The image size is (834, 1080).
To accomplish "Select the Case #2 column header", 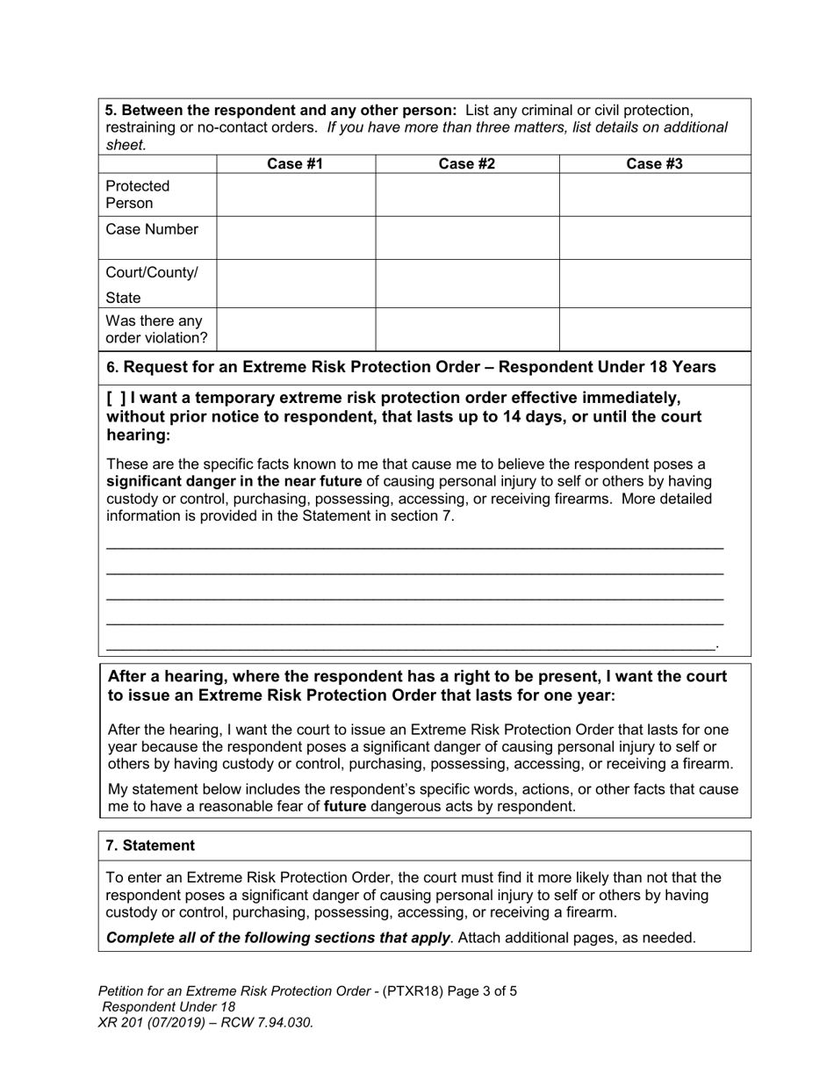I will click(x=466, y=163).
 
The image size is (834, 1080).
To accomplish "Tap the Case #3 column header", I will click(x=654, y=163).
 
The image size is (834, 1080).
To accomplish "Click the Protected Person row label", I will click(x=138, y=194).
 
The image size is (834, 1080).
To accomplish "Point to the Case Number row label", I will click(x=152, y=229).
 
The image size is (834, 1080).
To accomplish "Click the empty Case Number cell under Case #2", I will click(x=466, y=237).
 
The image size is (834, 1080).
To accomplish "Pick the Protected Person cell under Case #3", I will click(x=654, y=194).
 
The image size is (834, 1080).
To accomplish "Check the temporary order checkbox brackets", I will click(x=116, y=397).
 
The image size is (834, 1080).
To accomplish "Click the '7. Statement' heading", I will click(x=150, y=846).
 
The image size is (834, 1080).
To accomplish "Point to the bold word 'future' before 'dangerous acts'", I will click(x=344, y=806).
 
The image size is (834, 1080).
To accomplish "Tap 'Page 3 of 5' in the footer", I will click(x=482, y=991).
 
